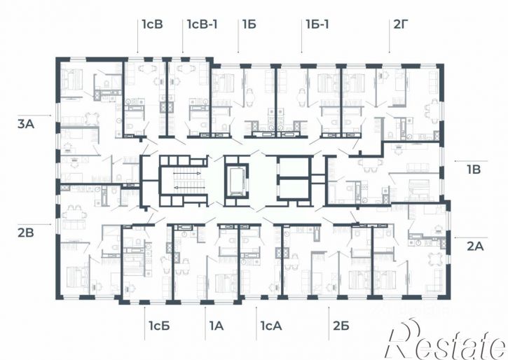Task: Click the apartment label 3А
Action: (x=26, y=124)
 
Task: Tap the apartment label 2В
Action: (x=26, y=233)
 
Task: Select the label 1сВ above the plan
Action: (x=152, y=25)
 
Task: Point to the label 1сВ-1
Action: (x=202, y=25)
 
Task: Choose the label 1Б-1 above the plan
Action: (x=317, y=25)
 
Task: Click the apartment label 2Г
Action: (x=399, y=25)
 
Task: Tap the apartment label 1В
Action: (x=474, y=169)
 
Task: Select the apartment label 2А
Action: (x=475, y=247)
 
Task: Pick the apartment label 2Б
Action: (x=341, y=326)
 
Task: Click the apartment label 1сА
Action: (x=271, y=326)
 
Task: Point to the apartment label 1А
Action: (x=217, y=326)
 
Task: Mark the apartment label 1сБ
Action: (x=159, y=326)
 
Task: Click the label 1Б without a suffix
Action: (x=249, y=25)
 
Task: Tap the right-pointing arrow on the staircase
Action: (x=187, y=173)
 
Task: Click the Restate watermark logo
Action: (x=447, y=340)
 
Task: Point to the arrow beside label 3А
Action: (x=43, y=116)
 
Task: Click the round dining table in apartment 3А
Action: (x=92, y=118)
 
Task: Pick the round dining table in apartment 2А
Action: (x=434, y=259)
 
